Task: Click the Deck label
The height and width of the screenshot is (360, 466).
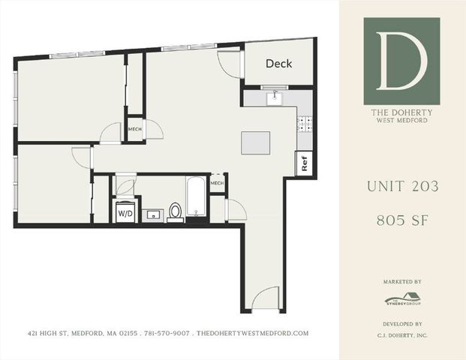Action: [x=278, y=64]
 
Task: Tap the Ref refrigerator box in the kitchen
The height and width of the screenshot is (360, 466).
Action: [x=305, y=163]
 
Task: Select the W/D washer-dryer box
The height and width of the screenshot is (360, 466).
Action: [x=124, y=212]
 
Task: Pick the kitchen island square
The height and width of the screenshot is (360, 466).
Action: [x=255, y=142]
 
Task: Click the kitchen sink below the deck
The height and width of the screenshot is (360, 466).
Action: [x=275, y=96]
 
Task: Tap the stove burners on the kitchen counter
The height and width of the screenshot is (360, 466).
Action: [x=305, y=125]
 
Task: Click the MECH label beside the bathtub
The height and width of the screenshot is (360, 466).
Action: [x=218, y=184]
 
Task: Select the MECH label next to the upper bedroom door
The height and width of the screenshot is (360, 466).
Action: [x=135, y=128]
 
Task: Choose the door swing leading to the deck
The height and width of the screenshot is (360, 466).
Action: [x=229, y=65]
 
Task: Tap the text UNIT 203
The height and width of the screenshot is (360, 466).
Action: [x=401, y=185]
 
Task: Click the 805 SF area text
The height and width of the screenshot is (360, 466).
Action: [x=401, y=220]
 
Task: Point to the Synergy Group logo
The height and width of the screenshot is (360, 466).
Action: [x=401, y=298]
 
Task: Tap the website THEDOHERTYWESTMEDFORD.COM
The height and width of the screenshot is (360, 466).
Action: [x=253, y=333]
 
